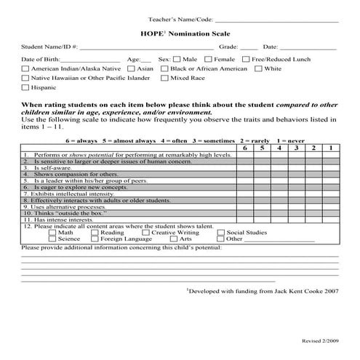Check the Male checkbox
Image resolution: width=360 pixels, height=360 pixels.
(x=177, y=58)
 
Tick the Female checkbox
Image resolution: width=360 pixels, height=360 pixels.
(x=209, y=58)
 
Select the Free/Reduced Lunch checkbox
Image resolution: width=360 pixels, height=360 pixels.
(x=247, y=58)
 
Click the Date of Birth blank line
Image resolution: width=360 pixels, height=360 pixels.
(x=90, y=60)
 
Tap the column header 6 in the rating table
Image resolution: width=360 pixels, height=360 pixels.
(x=244, y=148)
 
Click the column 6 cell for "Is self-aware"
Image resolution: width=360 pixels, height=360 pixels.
(x=244, y=168)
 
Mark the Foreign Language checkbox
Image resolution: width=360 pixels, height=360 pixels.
(x=94, y=239)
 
